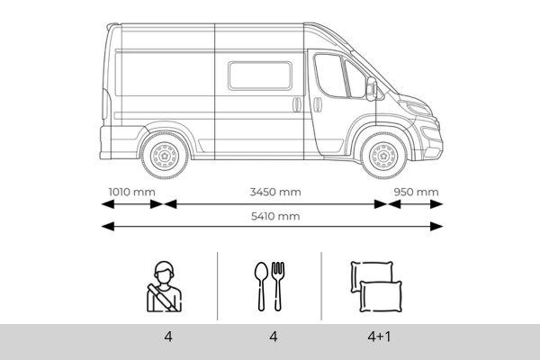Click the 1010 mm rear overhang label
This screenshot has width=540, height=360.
tap(131, 192)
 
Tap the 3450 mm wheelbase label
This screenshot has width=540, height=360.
tap(275, 192)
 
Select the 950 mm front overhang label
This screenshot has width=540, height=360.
tap(415, 192)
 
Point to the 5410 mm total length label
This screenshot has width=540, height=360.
tap(275, 216)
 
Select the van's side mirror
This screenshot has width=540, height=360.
tap(371, 87)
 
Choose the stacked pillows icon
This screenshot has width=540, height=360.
tap(373, 286)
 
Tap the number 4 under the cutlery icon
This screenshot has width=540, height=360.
tap(272, 339)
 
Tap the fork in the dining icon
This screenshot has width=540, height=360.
tap(278, 284)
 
